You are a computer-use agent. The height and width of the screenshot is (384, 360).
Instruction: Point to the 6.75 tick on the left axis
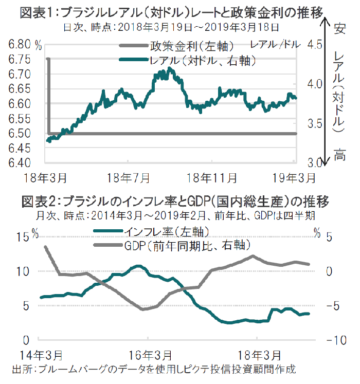(x=19, y=60)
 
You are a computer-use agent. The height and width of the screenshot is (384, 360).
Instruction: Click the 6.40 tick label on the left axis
(x=19, y=163)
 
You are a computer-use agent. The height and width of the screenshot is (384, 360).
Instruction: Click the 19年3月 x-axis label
(x=287, y=178)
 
